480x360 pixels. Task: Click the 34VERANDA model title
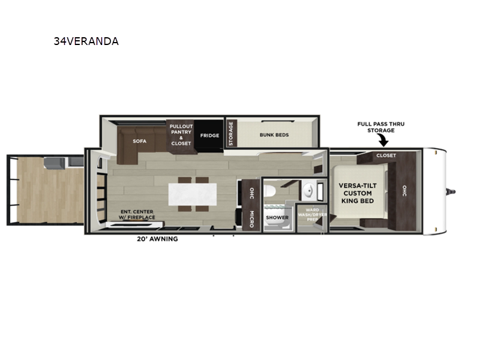[86, 41]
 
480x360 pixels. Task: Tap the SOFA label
[140, 141]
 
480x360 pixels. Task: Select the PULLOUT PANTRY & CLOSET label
[181, 134]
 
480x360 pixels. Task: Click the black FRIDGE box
[209, 136]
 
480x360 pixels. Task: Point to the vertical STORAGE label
[231, 133]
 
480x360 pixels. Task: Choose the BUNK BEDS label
[274, 134]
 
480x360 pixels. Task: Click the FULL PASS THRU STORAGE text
[381, 127]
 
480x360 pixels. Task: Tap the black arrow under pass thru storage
[383, 141]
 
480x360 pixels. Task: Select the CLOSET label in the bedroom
[386, 155]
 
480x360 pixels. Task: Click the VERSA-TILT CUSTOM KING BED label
[358, 193]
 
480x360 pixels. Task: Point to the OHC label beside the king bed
[404, 191]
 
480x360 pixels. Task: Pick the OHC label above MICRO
[251, 193]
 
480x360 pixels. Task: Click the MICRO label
[251, 219]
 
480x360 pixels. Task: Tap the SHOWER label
[277, 218]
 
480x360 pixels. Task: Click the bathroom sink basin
[308, 191]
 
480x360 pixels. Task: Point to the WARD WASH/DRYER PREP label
[312, 215]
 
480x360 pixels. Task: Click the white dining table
[193, 194]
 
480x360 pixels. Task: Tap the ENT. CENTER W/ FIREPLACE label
[137, 215]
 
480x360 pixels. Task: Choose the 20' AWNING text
[157, 239]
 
